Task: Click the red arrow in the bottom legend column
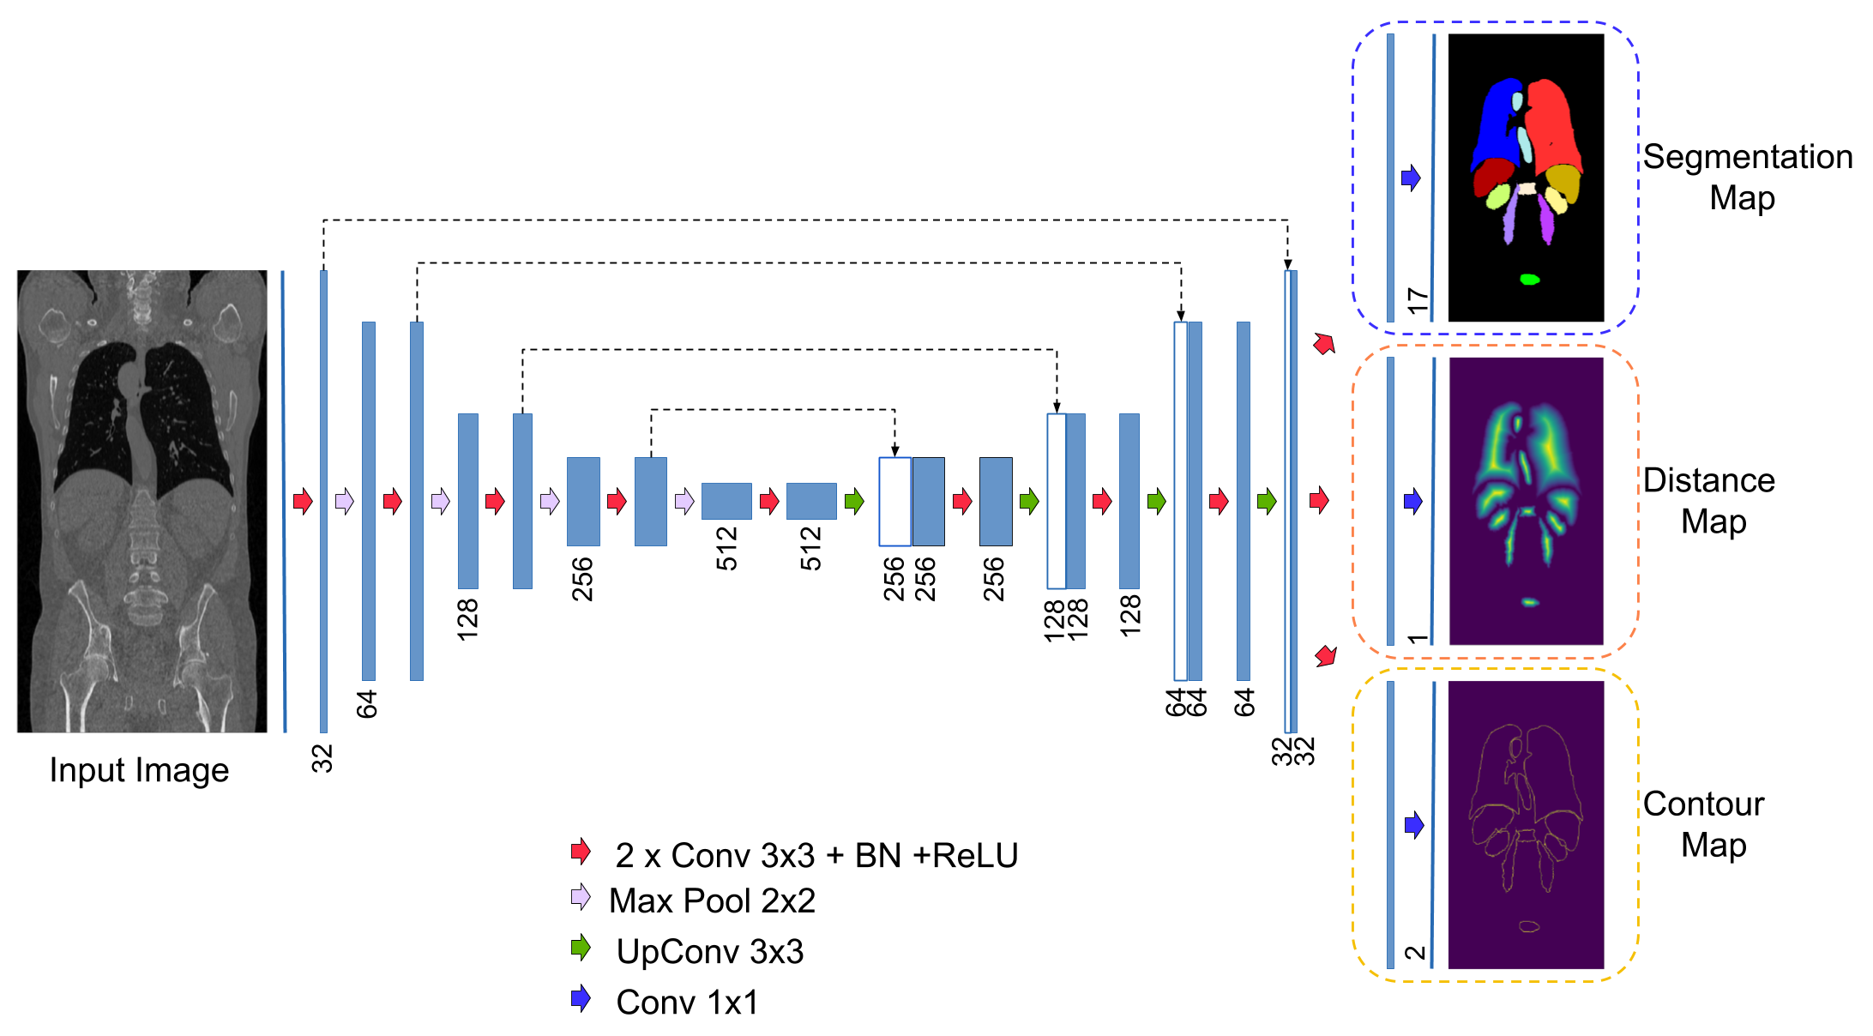(x=581, y=851)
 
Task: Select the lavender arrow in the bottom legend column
(x=581, y=897)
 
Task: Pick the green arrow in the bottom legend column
(x=581, y=947)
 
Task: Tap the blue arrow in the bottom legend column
(x=581, y=997)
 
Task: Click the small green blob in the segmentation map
(x=1529, y=280)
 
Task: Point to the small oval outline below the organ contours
(x=1529, y=926)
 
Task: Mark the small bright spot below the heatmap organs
(x=1530, y=602)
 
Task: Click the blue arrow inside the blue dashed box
(x=1411, y=178)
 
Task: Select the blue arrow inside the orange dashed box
(x=1413, y=501)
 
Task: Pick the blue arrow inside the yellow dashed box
(x=1414, y=825)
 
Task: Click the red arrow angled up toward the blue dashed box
(x=1325, y=344)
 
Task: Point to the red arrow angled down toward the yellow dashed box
(x=1326, y=656)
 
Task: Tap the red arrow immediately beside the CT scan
(x=303, y=501)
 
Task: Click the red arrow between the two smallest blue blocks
(x=769, y=501)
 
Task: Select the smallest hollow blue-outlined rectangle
(x=894, y=502)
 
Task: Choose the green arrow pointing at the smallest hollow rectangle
(x=854, y=501)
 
